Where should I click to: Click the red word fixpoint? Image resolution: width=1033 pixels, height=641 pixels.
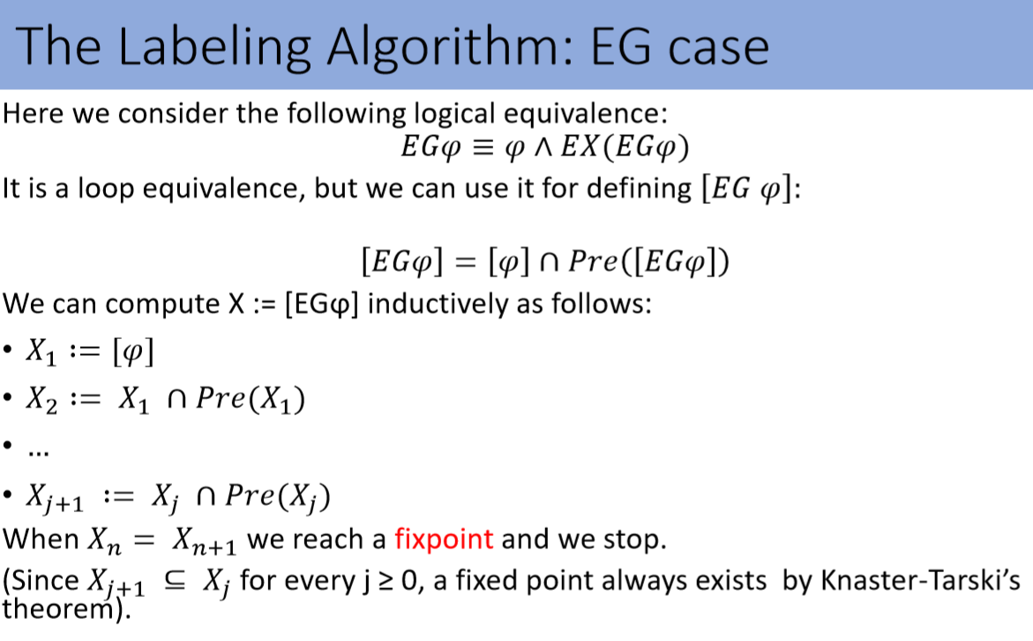click(x=444, y=540)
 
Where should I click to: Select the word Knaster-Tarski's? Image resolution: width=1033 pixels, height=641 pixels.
click(x=920, y=581)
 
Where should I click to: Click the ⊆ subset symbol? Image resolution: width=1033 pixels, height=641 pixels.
click(x=175, y=581)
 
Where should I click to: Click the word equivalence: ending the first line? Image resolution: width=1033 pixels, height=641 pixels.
click(x=586, y=114)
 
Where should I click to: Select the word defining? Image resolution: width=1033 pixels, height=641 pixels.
click(x=639, y=189)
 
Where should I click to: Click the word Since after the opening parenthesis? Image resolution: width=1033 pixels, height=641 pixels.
click(x=45, y=581)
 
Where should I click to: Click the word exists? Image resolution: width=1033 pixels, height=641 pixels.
click(x=730, y=581)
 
